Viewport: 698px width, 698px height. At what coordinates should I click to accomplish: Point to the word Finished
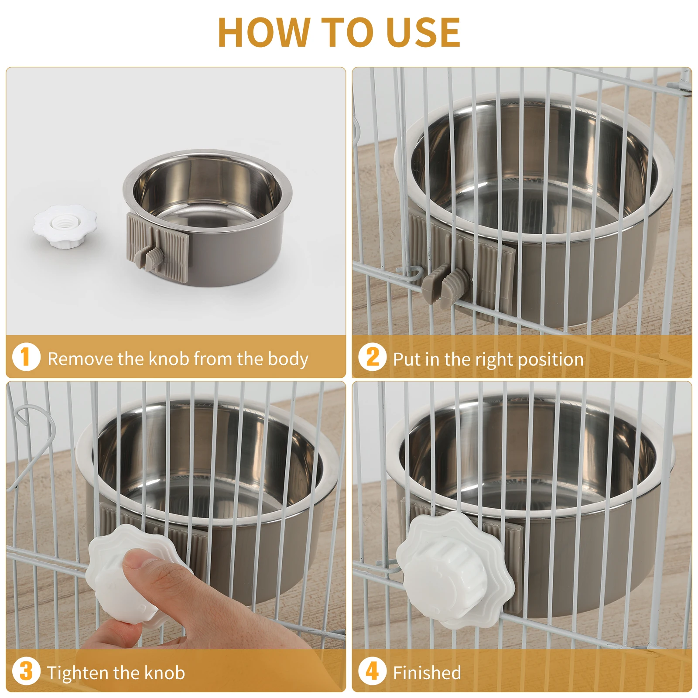pos(427,673)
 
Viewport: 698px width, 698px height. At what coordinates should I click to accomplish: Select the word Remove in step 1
pos(80,359)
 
